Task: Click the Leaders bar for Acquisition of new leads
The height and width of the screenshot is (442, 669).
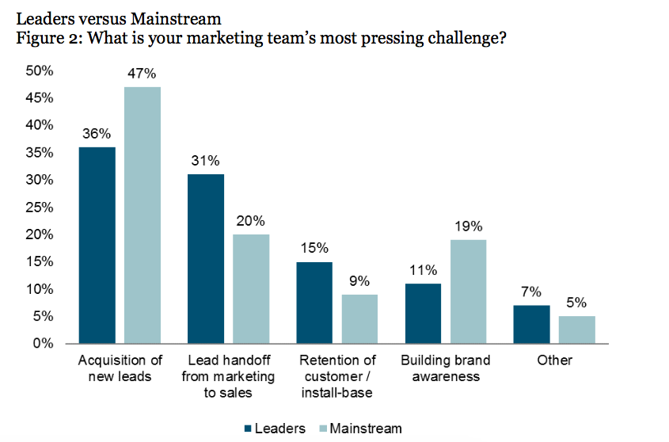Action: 97,246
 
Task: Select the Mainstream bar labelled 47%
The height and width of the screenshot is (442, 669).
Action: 143,215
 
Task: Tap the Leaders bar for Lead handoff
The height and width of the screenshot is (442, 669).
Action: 206,259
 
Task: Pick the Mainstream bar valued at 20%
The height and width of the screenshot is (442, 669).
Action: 251,289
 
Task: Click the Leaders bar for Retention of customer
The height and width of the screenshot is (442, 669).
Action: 314,303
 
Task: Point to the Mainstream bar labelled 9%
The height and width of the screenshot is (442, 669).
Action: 359,319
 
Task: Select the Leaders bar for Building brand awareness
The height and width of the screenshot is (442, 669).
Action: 423,314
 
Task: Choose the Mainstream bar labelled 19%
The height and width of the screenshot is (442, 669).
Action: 468,291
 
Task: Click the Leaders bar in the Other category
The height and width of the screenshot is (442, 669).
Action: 531,325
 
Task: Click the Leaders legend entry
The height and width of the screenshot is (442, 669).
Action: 274,429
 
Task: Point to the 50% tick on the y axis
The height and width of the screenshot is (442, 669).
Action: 40,71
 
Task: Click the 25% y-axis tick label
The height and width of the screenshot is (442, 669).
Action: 40,208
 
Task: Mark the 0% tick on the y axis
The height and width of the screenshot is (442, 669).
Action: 43,344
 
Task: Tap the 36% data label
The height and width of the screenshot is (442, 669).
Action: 97,134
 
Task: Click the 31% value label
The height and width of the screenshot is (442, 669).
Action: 206,161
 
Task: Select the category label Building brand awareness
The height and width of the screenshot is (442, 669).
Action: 446,368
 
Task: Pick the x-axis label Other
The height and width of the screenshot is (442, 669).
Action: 553,360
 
